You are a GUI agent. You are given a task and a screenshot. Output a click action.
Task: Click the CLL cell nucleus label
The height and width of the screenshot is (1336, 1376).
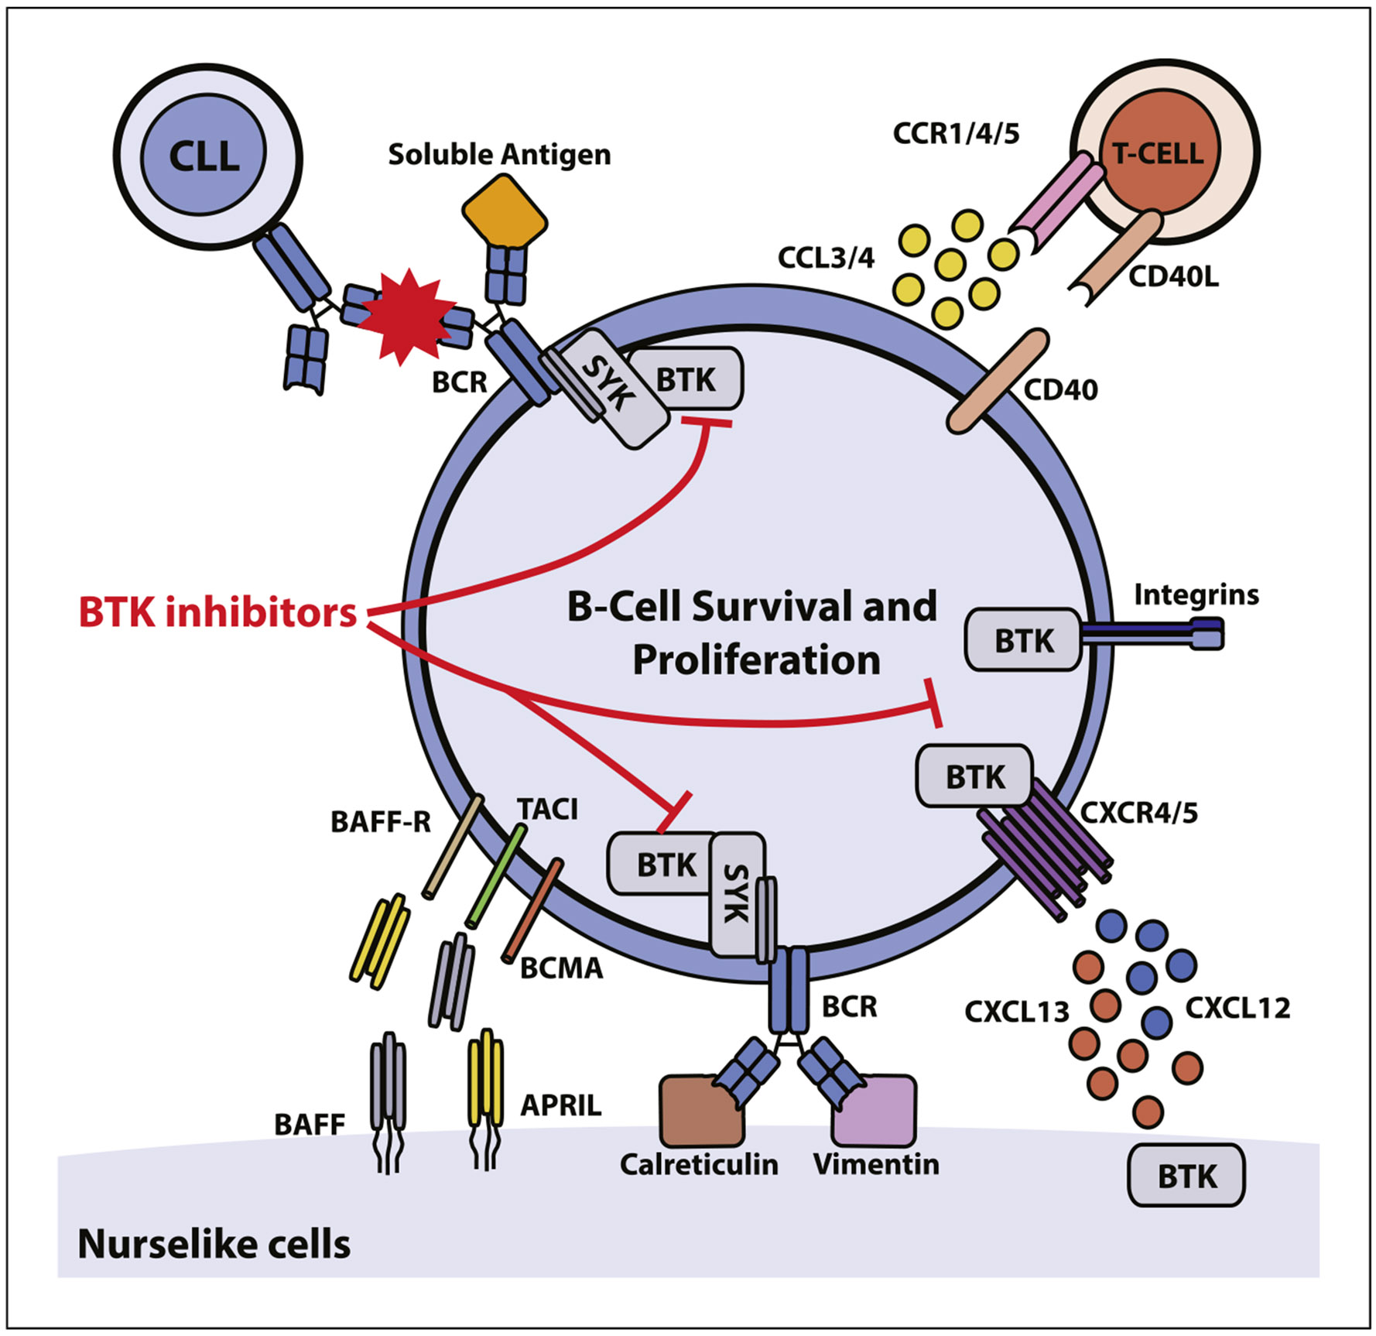click(x=204, y=157)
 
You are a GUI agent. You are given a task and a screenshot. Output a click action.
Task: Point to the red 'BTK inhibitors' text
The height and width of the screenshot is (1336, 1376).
click(x=217, y=612)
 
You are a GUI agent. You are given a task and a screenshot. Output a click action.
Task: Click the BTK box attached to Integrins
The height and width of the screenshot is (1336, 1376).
click(x=1022, y=639)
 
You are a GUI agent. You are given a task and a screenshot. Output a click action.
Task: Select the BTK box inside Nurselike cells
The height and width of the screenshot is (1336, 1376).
click(x=1186, y=1176)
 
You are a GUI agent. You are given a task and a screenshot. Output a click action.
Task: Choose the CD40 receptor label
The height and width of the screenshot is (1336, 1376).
click(x=1060, y=389)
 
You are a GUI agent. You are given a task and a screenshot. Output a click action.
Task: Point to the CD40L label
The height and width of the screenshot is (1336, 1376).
click(x=1174, y=276)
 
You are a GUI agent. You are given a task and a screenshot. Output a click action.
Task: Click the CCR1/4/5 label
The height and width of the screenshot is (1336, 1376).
click(x=956, y=133)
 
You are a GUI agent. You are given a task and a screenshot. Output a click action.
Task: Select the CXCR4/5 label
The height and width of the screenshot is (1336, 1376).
click(x=1138, y=813)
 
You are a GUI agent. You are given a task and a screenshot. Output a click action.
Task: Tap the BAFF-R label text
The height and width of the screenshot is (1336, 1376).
click(x=381, y=821)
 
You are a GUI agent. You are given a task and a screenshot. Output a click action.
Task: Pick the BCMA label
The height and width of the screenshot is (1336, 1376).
click(x=561, y=968)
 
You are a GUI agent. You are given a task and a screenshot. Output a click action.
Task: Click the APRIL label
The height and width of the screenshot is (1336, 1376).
click(x=560, y=1105)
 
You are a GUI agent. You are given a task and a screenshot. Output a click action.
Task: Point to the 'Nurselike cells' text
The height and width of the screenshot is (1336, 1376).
click(x=214, y=1244)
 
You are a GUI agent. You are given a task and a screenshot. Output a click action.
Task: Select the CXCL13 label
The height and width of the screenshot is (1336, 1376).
click(x=1017, y=1011)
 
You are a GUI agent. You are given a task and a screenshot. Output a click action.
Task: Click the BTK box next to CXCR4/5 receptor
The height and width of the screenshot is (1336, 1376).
click(x=974, y=776)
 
